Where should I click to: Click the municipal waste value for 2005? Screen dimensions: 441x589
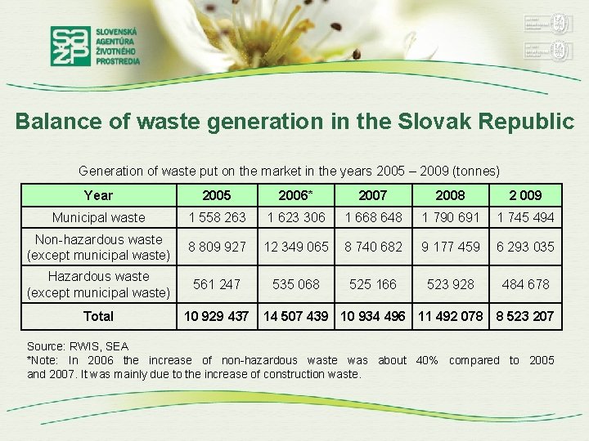click(x=217, y=217)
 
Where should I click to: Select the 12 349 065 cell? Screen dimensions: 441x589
click(x=294, y=247)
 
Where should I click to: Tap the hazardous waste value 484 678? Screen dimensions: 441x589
click(x=526, y=284)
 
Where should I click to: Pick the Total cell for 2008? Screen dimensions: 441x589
click(x=450, y=316)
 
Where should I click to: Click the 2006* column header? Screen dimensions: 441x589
click(x=294, y=195)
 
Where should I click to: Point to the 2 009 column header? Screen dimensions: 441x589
click(x=526, y=195)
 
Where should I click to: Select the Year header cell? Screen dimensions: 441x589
click(x=98, y=195)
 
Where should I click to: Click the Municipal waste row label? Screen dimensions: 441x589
click(x=98, y=217)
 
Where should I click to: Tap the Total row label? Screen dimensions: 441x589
click(x=98, y=316)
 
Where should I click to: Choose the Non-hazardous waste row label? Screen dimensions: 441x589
click(x=98, y=247)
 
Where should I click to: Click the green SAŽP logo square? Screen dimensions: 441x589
click(x=70, y=46)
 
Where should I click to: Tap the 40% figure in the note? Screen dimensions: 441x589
click(x=427, y=360)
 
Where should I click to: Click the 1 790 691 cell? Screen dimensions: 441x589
click(x=450, y=217)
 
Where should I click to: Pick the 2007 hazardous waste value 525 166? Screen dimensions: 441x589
click(x=373, y=284)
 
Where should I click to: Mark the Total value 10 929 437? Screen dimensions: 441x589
click(x=217, y=316)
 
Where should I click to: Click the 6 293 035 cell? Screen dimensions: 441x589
click(x=526, y=247)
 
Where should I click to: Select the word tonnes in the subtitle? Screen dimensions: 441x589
click(x=476, y=171)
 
